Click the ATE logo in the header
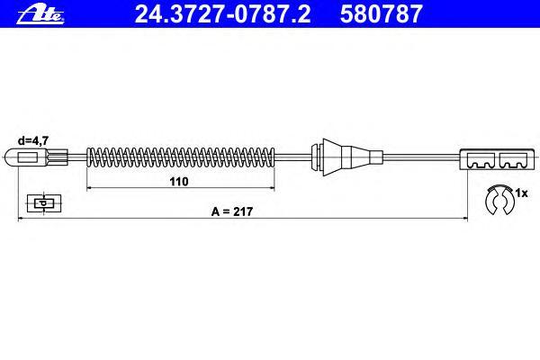coord(40,15)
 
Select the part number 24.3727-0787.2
coord(222,14)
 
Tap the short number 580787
coord(381,14)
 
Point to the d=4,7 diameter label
coord(33,140)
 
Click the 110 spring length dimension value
coord(179,181)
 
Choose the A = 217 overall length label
coord(232,211)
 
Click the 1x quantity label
coord(521,193)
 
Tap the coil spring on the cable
coord(181,157)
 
